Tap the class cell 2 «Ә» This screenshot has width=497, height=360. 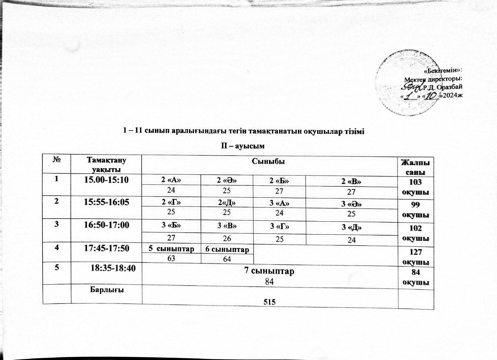227,181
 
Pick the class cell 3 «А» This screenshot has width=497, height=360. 279,203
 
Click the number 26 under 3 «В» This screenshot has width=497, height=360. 227,238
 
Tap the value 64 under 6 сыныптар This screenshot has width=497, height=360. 227,259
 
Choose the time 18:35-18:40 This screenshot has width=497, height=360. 112,269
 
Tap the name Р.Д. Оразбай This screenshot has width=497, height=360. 442,87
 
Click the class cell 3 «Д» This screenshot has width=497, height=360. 351,228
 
